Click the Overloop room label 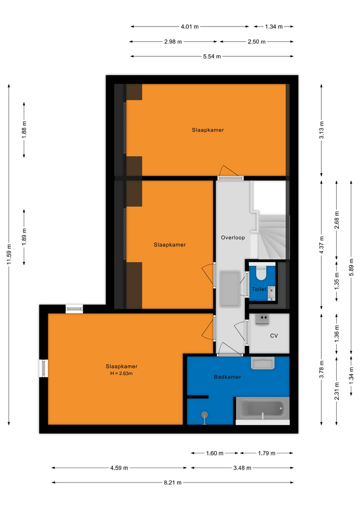coord(233,238)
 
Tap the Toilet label coord(259,289)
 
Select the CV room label coord(274,336)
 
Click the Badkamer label coord(227,377)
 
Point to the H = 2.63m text coord(121,373)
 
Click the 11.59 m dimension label coord(9,254)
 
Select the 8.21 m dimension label coord(172,482)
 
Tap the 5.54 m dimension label coord(212,57)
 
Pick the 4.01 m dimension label coord(190,27)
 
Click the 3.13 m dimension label coord(321,130)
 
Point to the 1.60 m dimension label coord(215,453)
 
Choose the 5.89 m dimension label coord(351,267)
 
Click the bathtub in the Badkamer coord(262,408)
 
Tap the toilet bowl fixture coord(261,273)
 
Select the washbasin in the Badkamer coord(262,363)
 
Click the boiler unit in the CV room coord(262,319)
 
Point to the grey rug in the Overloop coord(230,289)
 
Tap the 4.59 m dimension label coord(119,468)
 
